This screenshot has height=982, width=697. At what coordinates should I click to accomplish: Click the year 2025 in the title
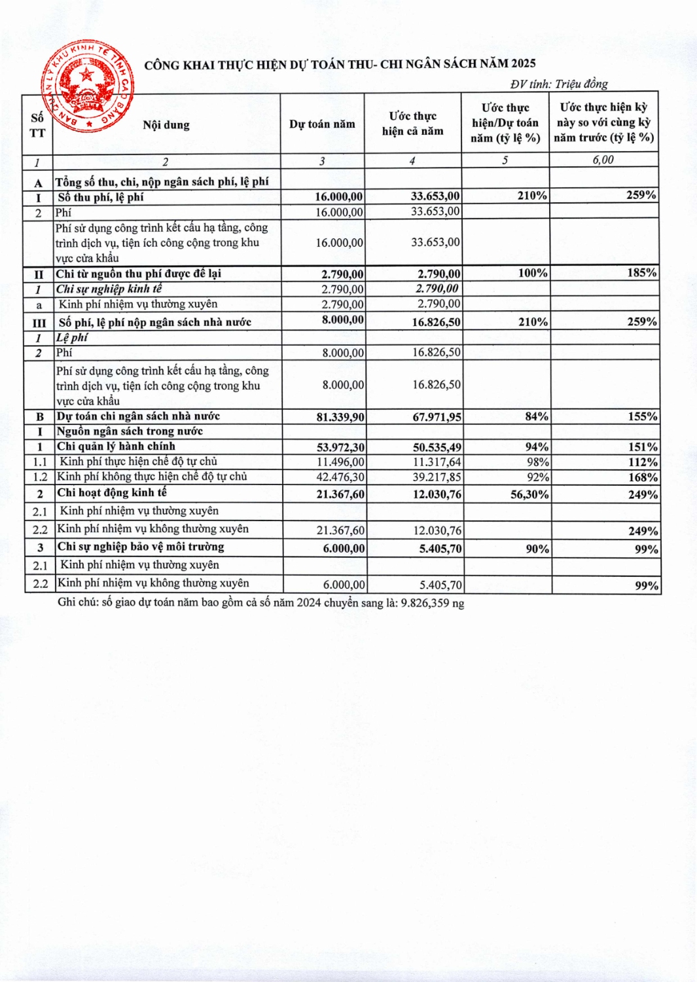point(523,64)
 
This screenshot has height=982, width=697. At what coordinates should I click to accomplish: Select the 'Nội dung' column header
point(166,125)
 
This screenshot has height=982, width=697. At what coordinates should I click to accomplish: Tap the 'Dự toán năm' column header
point(322,124)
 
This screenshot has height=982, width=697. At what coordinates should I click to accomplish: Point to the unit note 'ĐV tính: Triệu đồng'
point(559,84)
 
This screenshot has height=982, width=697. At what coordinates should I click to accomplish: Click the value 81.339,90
point(340,417)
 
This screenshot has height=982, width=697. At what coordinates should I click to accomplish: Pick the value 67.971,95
point(437,417)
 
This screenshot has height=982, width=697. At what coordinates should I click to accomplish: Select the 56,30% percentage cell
point(529,495)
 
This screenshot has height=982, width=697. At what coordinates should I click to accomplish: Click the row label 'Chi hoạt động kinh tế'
point(112,493)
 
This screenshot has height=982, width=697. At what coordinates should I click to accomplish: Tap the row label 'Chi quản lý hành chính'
point(116,446)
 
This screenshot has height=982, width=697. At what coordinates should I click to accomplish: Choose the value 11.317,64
point(437,462)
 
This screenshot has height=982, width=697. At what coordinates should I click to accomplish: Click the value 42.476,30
point(340,477)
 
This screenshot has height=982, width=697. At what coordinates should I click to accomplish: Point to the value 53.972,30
point(340,447)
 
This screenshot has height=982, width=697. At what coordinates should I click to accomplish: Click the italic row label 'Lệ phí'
point(72,338)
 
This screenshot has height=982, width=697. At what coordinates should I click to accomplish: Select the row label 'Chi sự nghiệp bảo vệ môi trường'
point(141,547)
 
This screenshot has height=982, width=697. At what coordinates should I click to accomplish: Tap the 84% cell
point(537,416)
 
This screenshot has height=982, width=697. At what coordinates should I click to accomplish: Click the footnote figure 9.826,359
point(425,603)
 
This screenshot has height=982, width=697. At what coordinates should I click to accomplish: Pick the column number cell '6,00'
point(603,160)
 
